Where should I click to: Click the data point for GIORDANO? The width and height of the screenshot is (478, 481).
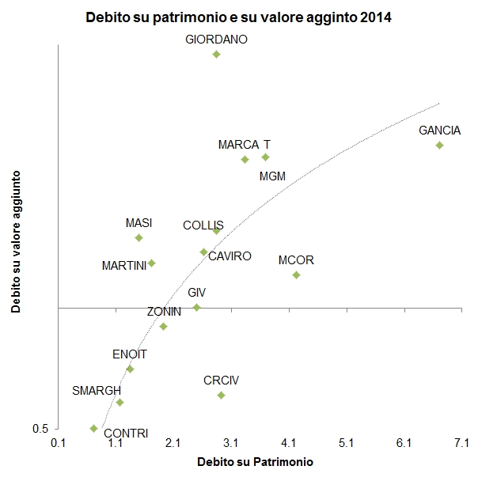[x=216, y=54]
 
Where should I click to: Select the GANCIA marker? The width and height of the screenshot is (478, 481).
[x=439, y=145]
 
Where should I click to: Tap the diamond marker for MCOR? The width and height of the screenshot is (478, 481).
[x=296, y=275]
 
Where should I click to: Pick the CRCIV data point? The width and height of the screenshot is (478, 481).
[x=221, y=395]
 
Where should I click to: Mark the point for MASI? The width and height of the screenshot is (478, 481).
[x=138, y=237]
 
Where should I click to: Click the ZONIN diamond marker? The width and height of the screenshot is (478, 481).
[x=163, y=326]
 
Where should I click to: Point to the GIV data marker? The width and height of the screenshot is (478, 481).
[x=197, y=307]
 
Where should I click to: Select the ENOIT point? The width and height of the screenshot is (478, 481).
[x=130, y=369]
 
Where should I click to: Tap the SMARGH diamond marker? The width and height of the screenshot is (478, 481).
[x=119, y=402]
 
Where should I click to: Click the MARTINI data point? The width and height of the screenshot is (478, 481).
[x=151, y=263]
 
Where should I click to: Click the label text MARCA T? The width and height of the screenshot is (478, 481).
[x=245, y=145]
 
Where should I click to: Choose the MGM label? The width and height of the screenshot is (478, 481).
[x=272, y=176]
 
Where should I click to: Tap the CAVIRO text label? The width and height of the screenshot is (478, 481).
[x=230, y=256]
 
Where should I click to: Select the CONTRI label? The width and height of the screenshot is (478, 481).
[x=126, y=433]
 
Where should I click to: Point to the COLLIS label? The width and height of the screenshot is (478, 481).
[x=203, y=225]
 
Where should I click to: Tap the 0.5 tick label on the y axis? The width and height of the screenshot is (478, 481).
[x=40, y=428]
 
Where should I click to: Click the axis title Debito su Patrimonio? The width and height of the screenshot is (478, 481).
[x=255, y=461]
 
